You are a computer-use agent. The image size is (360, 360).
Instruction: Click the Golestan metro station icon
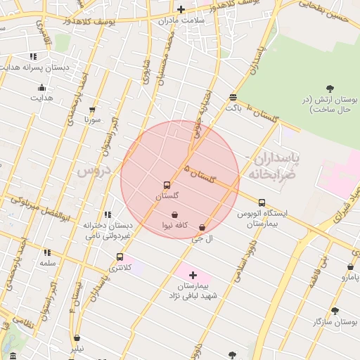[x=167, y=186]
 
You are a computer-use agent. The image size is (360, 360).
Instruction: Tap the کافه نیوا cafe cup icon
[x=174, y=214]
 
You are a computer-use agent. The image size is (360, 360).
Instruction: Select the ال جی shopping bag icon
[x=203, y=228]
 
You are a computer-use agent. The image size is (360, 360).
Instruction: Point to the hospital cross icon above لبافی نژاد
[x=193, y=275]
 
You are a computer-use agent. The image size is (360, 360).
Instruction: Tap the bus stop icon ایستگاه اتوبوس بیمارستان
[x=262, y=202]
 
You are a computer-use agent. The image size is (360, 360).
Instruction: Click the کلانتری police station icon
[x=120, y=257]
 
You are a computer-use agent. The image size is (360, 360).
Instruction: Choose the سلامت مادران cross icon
[x=181, y=9]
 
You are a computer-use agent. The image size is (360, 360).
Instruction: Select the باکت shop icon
[x=233, y=97]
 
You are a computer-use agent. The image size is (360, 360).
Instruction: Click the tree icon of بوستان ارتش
[x=330, y=89]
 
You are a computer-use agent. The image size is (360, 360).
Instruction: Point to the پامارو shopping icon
[x=350, y=267]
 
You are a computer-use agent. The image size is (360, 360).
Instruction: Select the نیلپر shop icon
[x=77, y=338]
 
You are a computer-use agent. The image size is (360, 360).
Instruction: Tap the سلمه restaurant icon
[x=47, y=252]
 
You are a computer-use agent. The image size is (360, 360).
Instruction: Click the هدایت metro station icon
[x=41, y=88]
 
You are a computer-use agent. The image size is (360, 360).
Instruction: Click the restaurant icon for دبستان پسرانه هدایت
[x=33, y=56]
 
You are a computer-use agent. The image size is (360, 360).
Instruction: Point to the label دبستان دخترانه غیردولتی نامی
[x=108, y=230]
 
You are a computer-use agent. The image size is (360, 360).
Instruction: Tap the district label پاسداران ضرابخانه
[x=275, y=166]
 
